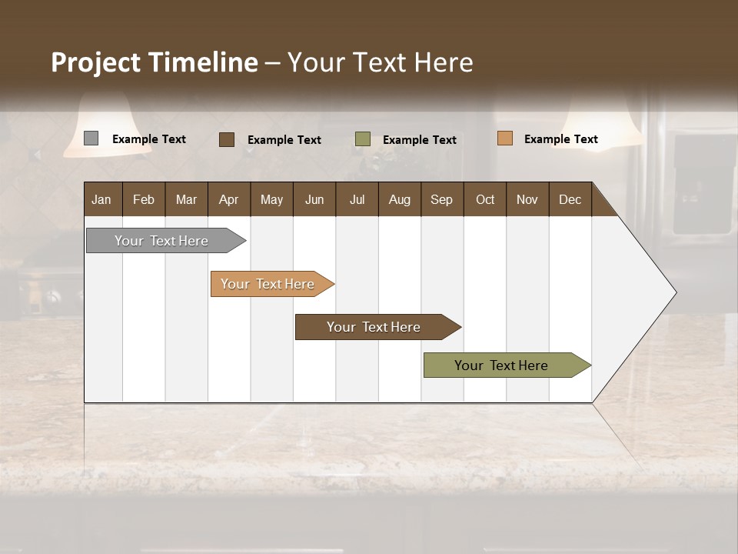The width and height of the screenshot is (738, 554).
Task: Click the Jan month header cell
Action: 102,199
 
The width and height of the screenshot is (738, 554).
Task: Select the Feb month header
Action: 144,199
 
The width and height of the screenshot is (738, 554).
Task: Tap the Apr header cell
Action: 229,199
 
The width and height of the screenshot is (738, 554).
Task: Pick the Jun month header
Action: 314,199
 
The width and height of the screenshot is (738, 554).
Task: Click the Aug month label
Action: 400,199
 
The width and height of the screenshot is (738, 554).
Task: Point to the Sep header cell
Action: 442,199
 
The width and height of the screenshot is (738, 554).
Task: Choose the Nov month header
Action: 527,199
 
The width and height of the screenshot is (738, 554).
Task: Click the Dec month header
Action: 570,199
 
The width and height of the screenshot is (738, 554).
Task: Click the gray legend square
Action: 91,138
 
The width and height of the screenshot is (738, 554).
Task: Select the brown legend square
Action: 227,139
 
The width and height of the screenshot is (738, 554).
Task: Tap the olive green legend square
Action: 363,138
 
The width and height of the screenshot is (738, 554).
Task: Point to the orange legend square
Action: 504,138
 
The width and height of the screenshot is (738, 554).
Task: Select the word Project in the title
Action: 95,62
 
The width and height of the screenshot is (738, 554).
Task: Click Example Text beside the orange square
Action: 560,139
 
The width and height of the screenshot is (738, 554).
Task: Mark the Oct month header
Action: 485,199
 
